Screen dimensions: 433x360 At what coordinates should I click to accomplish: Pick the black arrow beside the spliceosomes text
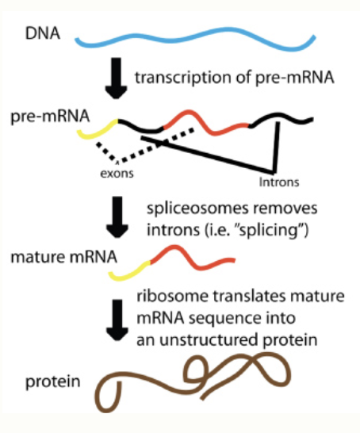coord(115,218)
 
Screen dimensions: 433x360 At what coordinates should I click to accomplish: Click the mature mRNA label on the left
coord(60,257)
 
